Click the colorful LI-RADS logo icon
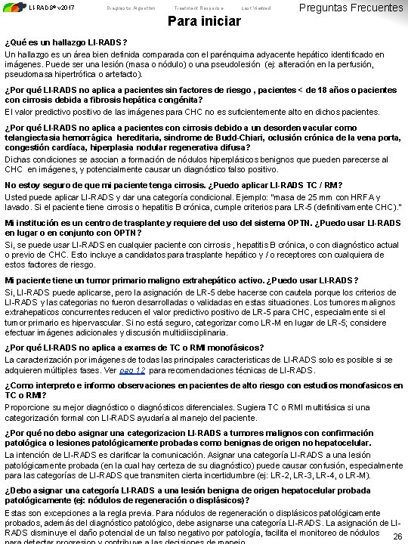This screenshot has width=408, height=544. point(13,8)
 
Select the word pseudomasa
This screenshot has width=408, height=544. point(26,76)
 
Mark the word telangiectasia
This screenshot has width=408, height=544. point(33,137)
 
